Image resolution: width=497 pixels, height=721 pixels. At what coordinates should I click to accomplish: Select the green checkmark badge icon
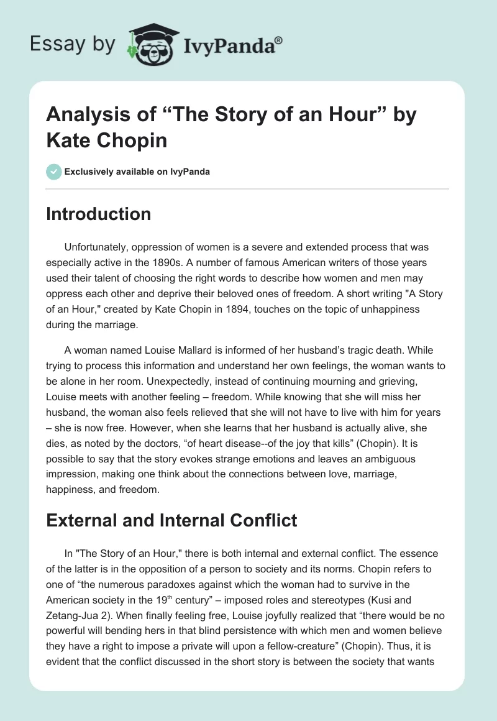54,172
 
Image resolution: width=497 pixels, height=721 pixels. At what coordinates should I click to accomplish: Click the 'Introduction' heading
99,214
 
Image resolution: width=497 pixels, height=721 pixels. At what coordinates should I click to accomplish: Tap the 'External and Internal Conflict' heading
172,520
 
